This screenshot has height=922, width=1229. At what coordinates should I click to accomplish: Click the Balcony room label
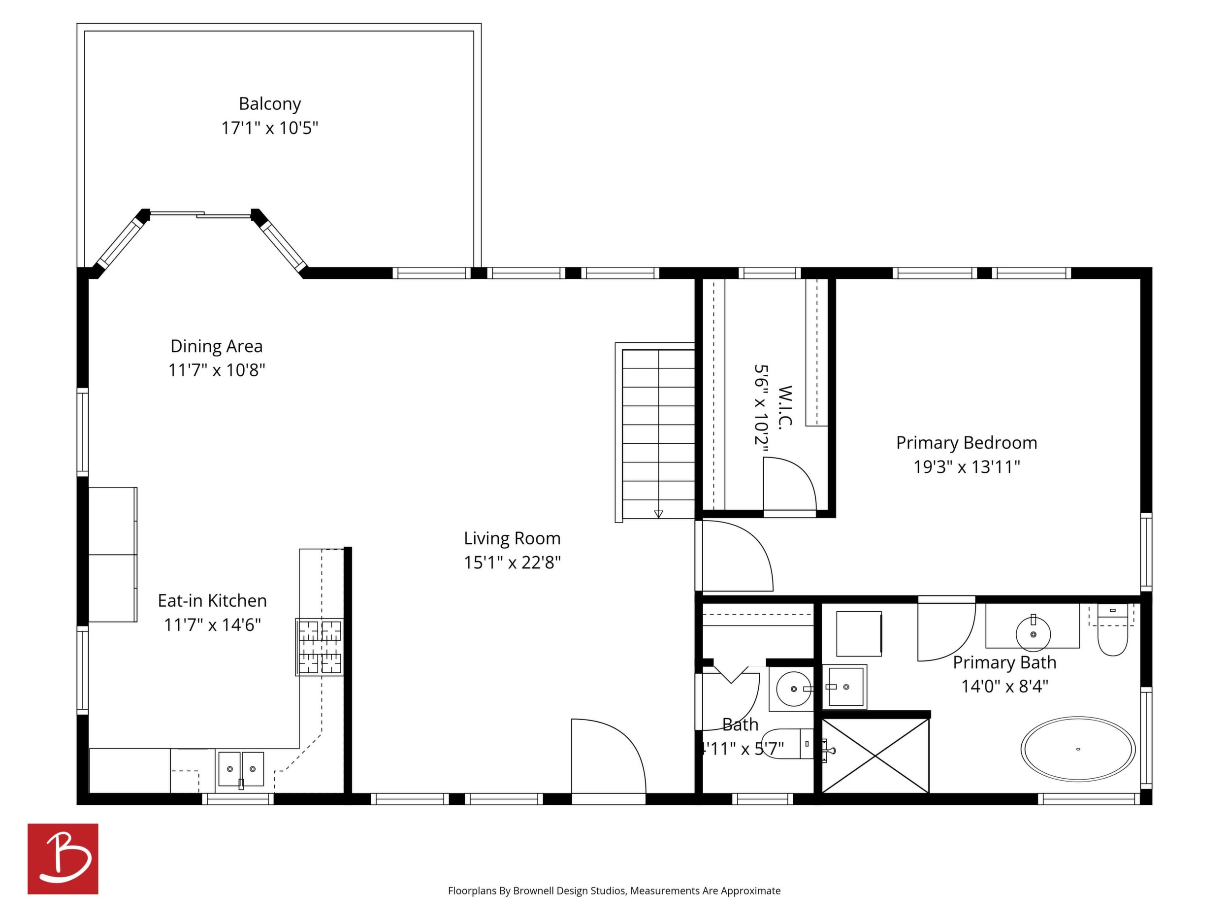pyautogui.click(x=269, y=104)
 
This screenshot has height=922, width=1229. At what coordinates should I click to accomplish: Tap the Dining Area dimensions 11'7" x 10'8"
pyautogui.click(x=217, y=370)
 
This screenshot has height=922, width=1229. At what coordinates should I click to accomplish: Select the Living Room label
pyautogui.click(x=512, y=538)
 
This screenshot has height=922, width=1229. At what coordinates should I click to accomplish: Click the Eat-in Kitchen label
pyautogui.click(x=212, y=601)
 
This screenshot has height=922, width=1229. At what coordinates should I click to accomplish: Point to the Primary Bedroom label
pyautogui.click(x=966, y=443)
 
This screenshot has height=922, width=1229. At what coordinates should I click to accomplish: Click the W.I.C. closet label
pyautogui.click(x=784, y=407)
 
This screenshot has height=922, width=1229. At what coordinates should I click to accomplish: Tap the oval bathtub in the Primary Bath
pyautogui.click(x=1078, y=749)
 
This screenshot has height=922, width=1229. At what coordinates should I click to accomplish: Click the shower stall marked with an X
pyautogui.click(x=875, y=756)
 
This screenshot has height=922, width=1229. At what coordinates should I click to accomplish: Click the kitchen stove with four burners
pyautogui.click(x=320, y=647)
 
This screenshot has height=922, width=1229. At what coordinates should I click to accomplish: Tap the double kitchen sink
pyautogui.click(x=241, y=770)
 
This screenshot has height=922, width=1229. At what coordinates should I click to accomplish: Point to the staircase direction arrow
pyautogui.click(x=658, y=514)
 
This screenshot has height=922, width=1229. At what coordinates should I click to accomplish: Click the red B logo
pyautogui.click(x=63, y=858)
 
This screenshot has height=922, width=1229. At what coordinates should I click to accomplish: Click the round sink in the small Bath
pyautogui.click(x=793, y=689)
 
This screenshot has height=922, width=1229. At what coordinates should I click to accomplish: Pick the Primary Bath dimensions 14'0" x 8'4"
pyautogui.click(x=1004, y=687)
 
